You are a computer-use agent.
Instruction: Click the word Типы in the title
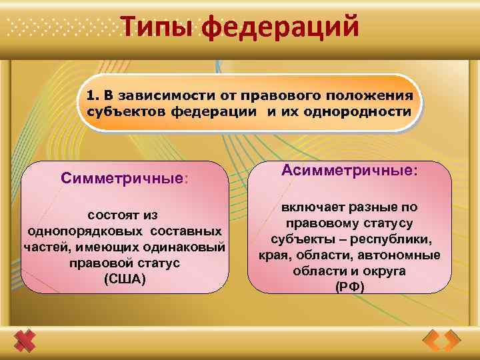pyautogui.click(x=157, y=27)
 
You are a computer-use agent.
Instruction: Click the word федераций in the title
pyautogui.click(x=280, y=27)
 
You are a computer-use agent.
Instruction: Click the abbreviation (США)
pyautogui.click(x=124, y=278)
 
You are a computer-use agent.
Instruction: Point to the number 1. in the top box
pyautogui.click(x=92, y=95)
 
